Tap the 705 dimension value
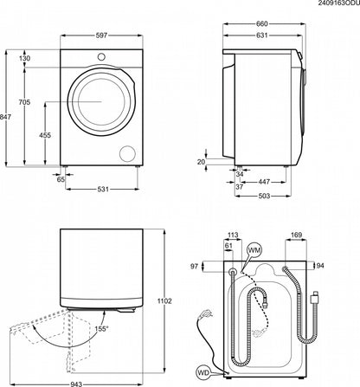pyautogui.click(x=28, y=101)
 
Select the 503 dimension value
pyautogui.click(x=265, y=197)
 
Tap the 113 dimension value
pyautogui.click(x=231, y=235)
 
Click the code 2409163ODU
pyautogui.click(x=329, y=5)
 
